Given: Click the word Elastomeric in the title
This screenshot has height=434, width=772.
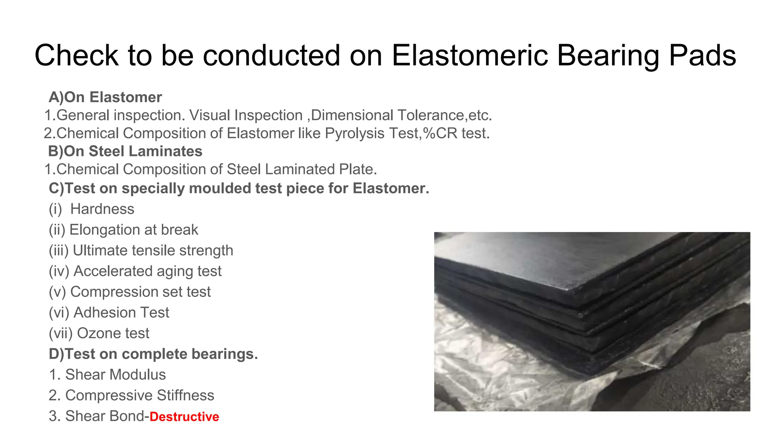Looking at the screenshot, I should point(470,55).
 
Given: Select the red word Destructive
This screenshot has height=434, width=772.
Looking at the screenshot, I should point(184,417).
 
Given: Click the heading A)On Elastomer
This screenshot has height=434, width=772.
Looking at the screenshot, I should point(105,97).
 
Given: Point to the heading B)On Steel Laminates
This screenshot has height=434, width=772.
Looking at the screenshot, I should point(125,151).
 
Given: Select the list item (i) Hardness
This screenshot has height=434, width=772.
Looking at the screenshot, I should point(92,209).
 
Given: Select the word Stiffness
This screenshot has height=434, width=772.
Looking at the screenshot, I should point(185,396).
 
